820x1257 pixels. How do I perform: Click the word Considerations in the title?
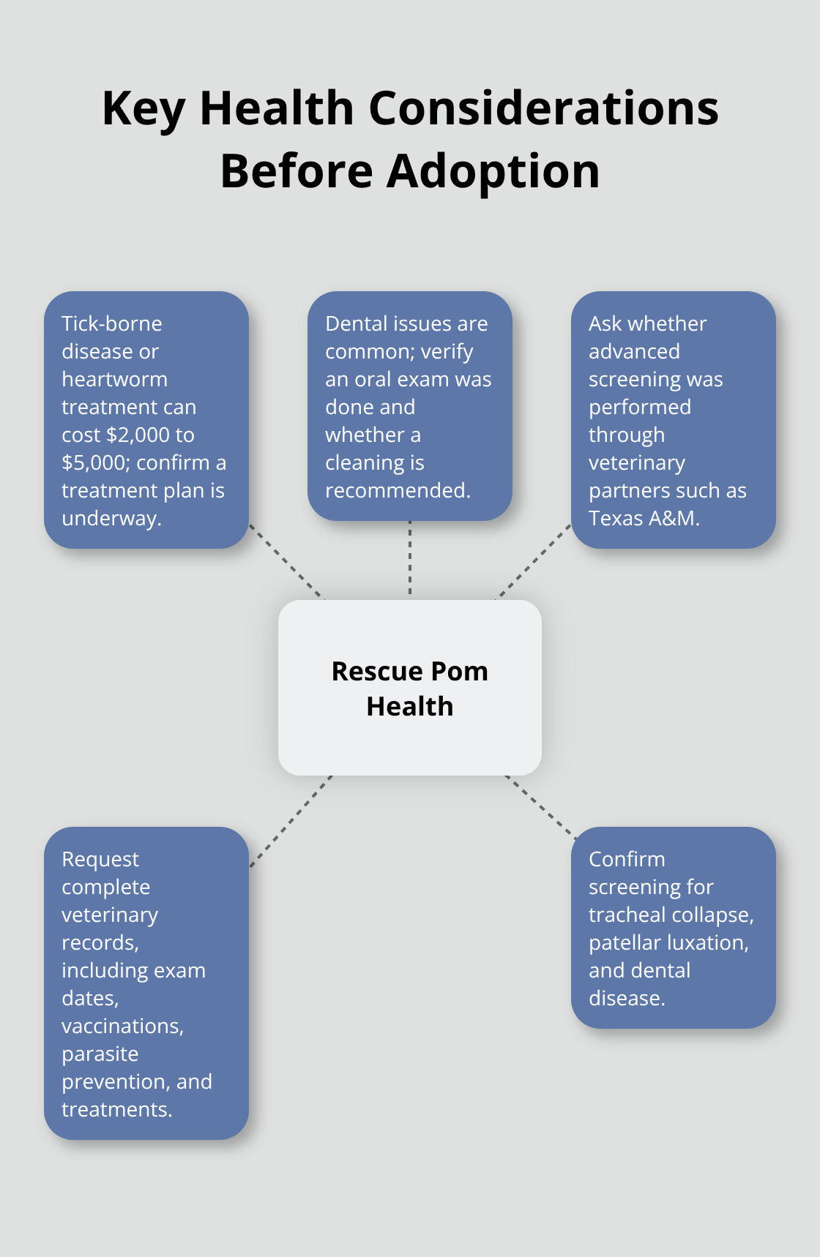pos(543,108)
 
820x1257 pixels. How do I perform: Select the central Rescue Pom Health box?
pos(410,688)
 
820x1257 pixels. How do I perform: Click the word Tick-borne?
pos(111,323)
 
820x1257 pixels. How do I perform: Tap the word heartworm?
pos(114,379)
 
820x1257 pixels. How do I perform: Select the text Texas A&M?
pos(644,518)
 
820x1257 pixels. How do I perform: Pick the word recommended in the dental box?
pos(397,490)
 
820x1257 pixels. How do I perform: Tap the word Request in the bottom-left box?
pos(100,859)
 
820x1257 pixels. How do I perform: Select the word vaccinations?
pos(122,1026)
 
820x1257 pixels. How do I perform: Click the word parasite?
pos(100,1054)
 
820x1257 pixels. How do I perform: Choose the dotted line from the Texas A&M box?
pos(534,561)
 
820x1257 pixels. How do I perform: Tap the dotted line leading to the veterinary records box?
pos(291,821)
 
